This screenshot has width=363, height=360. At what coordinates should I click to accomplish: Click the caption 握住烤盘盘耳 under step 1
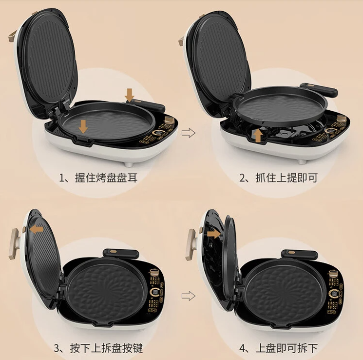click(106, 178)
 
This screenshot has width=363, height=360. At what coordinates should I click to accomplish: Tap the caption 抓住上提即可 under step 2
click(286, 178)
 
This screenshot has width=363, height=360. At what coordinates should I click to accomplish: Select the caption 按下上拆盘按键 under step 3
click(106, 348)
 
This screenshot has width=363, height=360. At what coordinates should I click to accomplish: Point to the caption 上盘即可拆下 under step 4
click(287, 348)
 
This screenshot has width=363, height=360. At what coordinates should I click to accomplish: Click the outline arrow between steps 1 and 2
click(189, 133)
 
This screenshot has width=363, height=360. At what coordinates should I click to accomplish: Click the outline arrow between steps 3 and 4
click(189, 296)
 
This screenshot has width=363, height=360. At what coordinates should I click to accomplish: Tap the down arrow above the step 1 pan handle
click(130, 95)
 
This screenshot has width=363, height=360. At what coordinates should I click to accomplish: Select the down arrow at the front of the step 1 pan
click(83, 127)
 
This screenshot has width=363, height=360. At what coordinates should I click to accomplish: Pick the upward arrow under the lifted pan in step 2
click(258, 136)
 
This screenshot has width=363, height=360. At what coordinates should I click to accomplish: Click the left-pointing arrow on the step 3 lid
click(37, 230)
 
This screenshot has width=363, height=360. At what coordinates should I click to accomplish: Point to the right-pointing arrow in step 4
click(214, 234)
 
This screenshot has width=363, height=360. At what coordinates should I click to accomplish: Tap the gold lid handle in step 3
click(15, 243)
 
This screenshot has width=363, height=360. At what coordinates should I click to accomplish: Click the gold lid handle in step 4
click(191, 244)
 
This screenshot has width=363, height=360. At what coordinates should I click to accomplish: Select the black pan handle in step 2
click(319, 90)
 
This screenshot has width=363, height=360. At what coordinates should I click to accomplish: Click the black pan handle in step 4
click(299, 255)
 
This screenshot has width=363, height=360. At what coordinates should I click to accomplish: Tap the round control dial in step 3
click(154, 293)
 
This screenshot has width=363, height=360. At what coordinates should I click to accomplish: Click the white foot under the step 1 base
click(129, 164)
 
